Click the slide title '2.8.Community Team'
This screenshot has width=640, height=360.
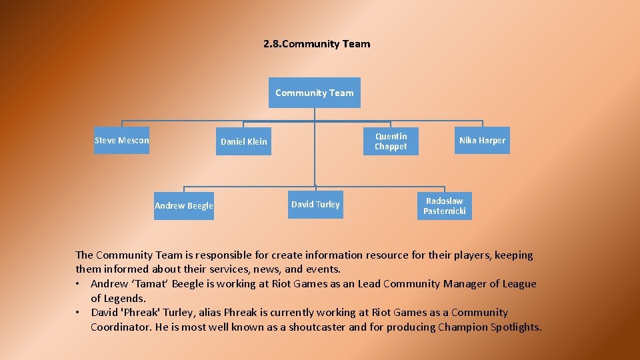(x=317, y=44)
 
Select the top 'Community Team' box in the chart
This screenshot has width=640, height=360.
(x=315, y=93)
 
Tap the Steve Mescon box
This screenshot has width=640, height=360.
(x=122, y=140)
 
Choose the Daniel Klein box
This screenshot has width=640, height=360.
(x=244, y=141)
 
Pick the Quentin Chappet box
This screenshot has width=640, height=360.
(x=391, y=141)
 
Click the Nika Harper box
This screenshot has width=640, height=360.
(x=482, y=140)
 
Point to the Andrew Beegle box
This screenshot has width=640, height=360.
(x=184, y=205)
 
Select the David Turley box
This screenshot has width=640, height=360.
(x=315, y=204)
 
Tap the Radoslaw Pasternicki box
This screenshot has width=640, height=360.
(x=445, y=206)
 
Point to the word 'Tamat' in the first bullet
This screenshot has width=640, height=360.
(x=146, y=283)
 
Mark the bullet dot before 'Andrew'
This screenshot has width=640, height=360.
(x=79, y=284)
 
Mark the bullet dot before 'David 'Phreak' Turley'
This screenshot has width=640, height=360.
(x=79, y=313)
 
